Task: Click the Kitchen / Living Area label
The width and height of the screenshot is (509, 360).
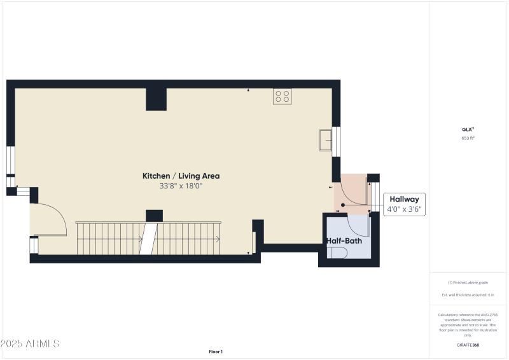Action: (x=181, y=176)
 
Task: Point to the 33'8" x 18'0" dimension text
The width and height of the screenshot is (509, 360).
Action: (x=181, y=186)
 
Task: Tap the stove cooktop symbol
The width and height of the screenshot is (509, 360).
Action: (x=282, y=96)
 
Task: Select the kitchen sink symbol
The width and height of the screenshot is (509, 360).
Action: (x=325, y=140)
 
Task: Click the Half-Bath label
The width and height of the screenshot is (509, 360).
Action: (x=344, y=242)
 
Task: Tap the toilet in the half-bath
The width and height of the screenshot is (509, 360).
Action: (x=338, y=253)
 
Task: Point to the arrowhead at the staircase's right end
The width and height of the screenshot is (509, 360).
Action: (x=218, y=239)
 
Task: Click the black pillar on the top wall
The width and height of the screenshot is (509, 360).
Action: (x=156, y=99)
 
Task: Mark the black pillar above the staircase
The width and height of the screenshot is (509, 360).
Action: (x=154, y=216)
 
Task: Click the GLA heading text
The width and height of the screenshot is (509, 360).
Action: (x=468, y=129)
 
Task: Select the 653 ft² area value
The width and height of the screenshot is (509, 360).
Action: (x=468, y=138)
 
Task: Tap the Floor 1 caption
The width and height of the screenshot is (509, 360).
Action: (x=216, y=351)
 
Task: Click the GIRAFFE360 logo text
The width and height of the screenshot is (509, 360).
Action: (x=468, y=345)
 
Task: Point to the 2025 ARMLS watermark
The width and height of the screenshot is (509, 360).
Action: (x=30, y=343)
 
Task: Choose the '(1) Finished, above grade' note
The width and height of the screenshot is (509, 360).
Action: (x=468, y=282)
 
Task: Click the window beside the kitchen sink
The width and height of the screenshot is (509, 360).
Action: (x=337, y=141)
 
